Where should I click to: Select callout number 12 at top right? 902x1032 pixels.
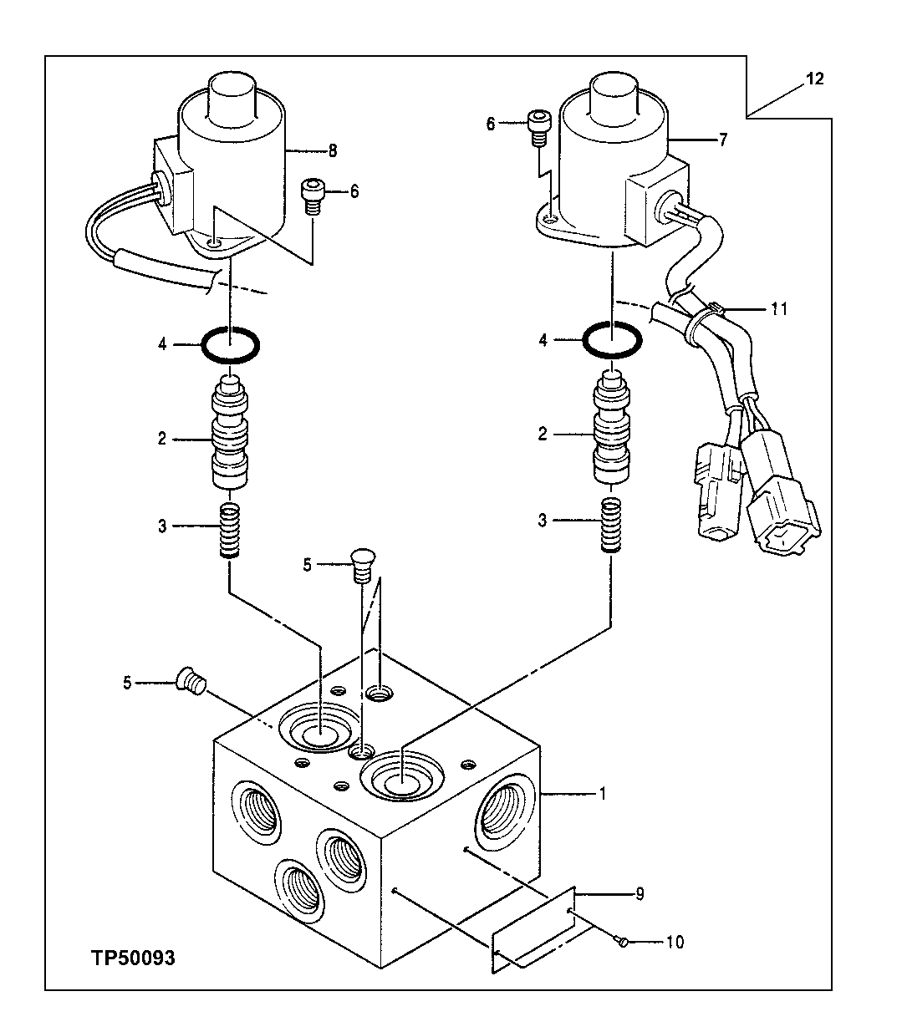(815, 79)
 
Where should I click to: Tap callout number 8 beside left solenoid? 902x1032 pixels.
(332, 150)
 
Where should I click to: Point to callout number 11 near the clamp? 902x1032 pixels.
(779, 308)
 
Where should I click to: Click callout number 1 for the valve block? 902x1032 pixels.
(602, 793)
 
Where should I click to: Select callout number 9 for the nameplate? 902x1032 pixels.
(640, 894)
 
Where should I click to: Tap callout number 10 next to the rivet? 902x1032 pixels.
(675, 942)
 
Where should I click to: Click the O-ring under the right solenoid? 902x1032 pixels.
(613, 341)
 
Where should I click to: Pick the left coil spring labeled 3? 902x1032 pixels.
(229, 531)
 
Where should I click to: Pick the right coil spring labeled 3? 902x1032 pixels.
(613, 524)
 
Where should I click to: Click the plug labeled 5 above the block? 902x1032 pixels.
(361, 565)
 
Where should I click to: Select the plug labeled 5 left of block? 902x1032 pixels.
(191, 682)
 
